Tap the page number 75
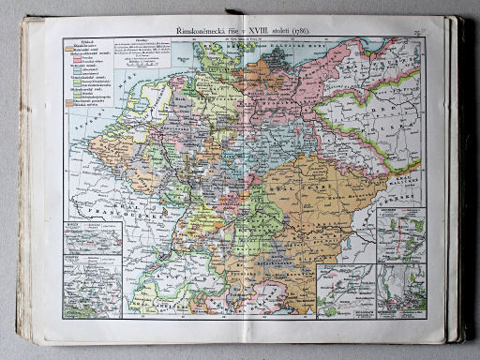click(415, 33)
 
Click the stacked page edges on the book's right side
click(461, 187)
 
